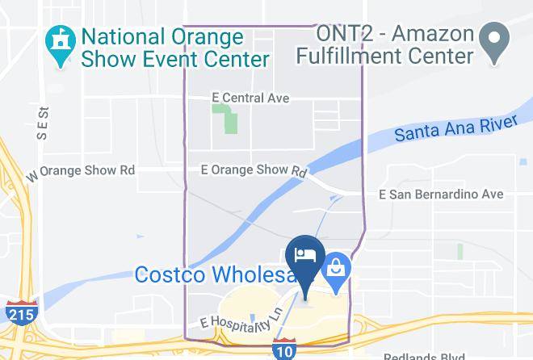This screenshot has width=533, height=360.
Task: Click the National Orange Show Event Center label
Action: click(174, 48)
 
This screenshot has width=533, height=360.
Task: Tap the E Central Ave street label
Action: click(239, 98)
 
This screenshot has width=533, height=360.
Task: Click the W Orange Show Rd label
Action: click(80, 171)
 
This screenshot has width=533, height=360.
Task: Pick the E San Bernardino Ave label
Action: click(441, 195)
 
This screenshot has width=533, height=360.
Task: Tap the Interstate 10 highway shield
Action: click(283, 351)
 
